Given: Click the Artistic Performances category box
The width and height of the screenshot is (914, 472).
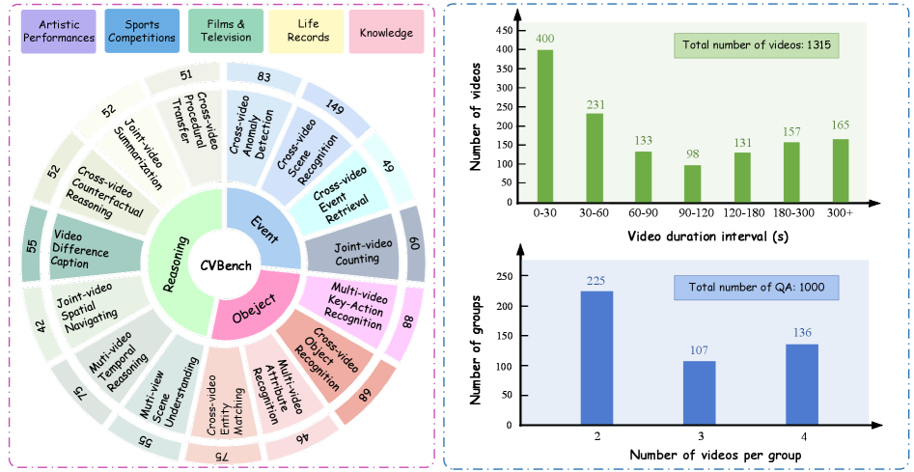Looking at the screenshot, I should point(61,32).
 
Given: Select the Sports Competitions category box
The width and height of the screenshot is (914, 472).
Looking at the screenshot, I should point(143,32).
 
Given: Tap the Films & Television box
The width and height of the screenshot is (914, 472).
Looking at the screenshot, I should point(225,32).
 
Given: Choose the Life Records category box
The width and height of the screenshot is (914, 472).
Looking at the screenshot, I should point(307,32).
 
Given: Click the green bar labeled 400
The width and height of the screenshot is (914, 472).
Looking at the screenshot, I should point(544,125).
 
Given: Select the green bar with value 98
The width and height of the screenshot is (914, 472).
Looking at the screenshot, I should point(692,182).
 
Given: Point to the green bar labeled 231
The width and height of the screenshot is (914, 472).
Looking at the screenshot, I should point(595,157).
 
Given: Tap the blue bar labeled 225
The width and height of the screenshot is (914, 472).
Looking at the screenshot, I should point(596,357).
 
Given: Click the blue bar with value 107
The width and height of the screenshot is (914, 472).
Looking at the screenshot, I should point(699,392).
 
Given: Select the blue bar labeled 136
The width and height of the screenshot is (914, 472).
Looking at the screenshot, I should point(801,383).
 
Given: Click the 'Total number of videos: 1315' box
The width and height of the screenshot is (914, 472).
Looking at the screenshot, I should point(757,45).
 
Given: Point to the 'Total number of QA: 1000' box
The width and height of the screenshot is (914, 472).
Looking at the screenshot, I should point(755,288).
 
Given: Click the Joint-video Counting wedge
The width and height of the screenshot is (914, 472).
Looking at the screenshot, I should point(352,252).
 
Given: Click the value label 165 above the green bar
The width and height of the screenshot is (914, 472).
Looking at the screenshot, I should point(840,125).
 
